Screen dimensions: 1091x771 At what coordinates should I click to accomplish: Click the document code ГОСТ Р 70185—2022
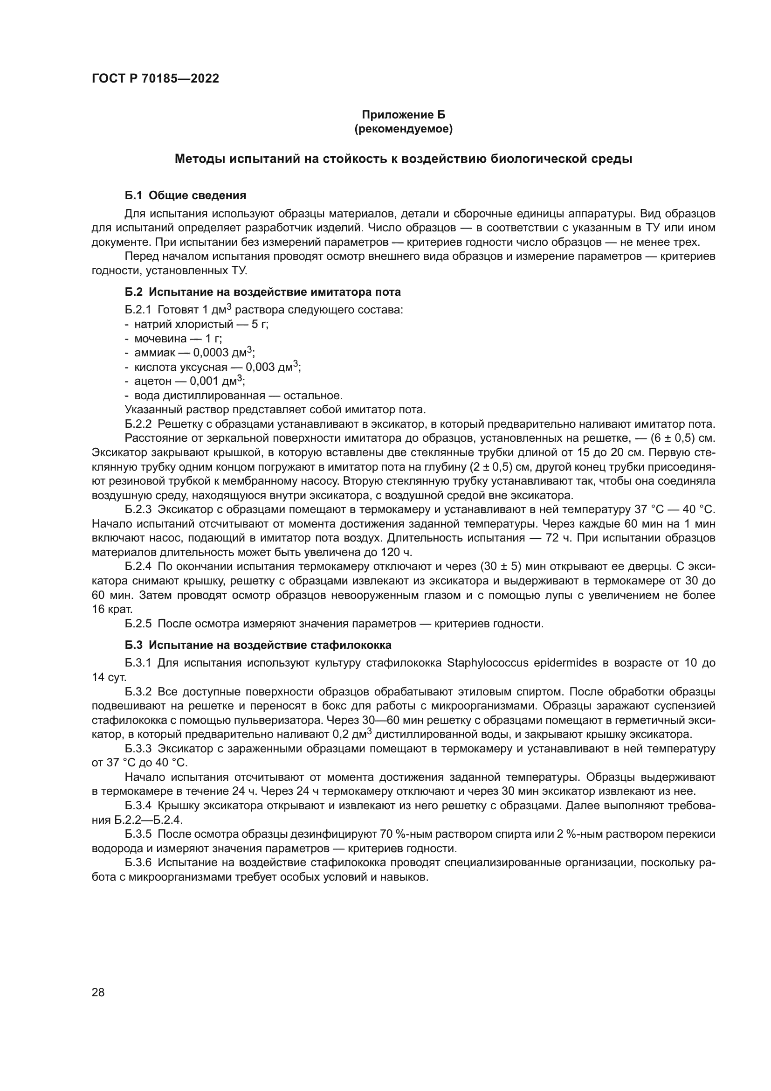(x=155, y=78)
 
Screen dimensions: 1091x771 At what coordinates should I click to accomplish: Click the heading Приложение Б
(x=403, y=115)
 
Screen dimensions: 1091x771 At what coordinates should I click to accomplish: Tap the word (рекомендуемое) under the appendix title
(x=403, y=129)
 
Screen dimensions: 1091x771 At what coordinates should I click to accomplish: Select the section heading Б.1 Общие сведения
(x=185, y=195)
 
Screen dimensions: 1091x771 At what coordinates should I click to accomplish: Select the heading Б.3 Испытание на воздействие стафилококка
(x=258, y=645)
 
